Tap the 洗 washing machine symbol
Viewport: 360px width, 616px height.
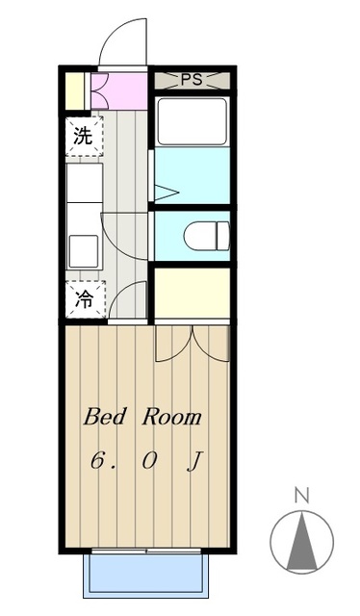point(84,135)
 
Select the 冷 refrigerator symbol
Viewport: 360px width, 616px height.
point(84,297)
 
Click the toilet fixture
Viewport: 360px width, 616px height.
point(206,234)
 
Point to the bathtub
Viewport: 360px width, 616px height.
point(192,121)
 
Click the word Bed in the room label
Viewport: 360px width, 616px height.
point(105,418)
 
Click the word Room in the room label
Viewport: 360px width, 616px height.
point(174,418)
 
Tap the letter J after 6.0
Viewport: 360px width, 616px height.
point(193,461)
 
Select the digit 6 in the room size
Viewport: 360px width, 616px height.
point(97,461)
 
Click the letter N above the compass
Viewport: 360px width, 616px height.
point(301,497)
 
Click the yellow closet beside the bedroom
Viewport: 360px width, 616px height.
point(193,293)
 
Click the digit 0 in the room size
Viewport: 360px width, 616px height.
point(149,461)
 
